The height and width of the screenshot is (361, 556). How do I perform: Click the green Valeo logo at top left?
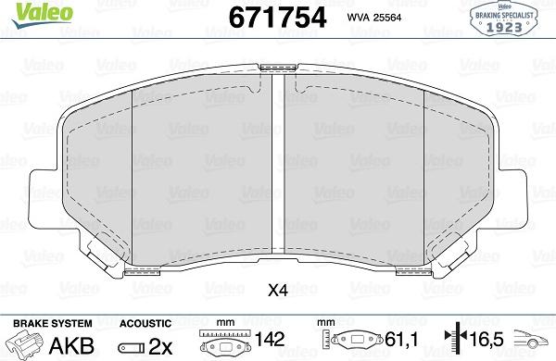tap(42, 14)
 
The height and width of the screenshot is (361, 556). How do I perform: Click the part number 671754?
tap(277, 18)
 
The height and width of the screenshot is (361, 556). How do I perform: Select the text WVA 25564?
tap(374, 18)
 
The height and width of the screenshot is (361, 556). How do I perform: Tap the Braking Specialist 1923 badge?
tap(503, 18)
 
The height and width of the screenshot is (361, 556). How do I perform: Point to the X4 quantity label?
tap(277, 291)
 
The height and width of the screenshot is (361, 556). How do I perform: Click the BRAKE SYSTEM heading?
tap(53, 323)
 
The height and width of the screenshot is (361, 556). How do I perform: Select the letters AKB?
tap(71, 345)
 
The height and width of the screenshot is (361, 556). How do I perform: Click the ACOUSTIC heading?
tap(145, 323)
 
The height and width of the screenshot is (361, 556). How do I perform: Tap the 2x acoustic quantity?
tap(160, 346)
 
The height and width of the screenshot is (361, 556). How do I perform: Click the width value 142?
tap(270, 339)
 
